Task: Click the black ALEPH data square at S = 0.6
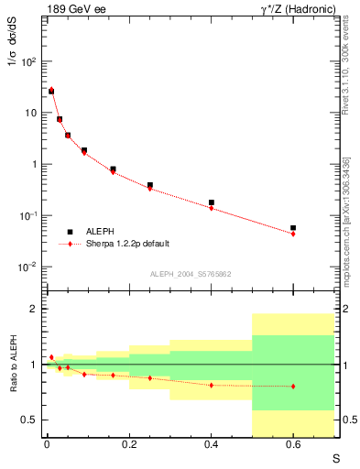[x=293, y=228]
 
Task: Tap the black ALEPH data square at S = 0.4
[x=211, y=202]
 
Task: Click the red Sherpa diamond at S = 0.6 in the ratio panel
[x=293, y=387]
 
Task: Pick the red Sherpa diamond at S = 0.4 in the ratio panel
[x=211, y=385]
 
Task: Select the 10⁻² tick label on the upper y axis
[x=27, y=267]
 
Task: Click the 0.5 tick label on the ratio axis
[x=28, y=420]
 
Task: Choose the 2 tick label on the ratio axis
[x=33, y=309]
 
